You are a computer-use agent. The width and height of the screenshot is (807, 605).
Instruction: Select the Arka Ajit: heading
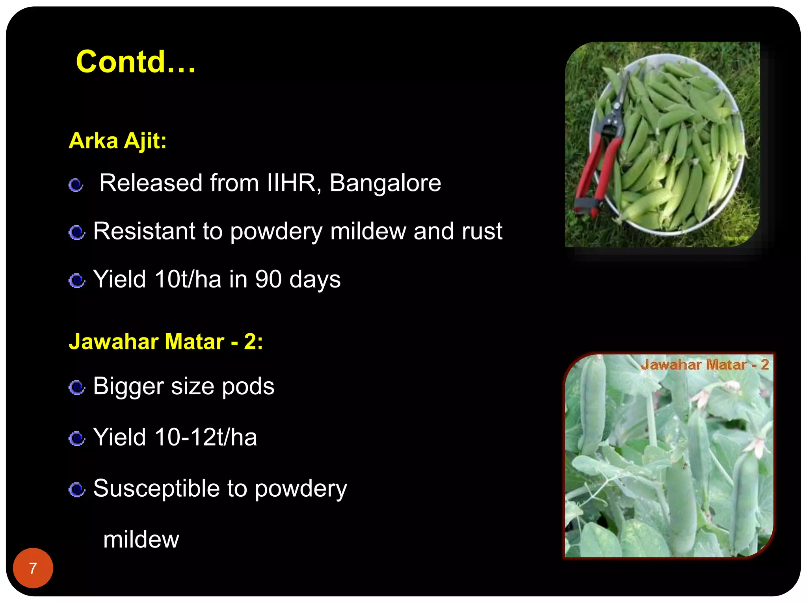point(117,141)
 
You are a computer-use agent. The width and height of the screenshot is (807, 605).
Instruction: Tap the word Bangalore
point(385,183)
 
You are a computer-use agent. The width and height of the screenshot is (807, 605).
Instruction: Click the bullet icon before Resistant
point(76,232)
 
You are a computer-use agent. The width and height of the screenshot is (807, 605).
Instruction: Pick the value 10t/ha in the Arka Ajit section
point(188,279)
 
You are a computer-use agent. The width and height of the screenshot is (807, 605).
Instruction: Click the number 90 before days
point(268,279)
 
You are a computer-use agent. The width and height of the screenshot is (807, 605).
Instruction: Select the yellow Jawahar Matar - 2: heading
point(165,341)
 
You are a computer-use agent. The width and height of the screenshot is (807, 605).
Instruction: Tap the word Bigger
point(128,386)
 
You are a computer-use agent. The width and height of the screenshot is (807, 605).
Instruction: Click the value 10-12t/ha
point(205,437)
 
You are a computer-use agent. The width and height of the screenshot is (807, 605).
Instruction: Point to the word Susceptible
point(156,489)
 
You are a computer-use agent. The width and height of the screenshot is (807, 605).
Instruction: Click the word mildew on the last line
point(141,540)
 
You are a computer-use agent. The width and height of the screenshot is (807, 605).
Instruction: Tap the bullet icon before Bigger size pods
point(76,387)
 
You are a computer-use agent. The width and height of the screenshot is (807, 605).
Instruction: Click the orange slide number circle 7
point(33,568)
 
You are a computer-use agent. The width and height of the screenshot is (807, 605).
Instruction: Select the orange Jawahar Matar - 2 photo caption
point(705,365)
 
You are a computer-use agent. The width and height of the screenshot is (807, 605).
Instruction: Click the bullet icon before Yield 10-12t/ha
point(76,438)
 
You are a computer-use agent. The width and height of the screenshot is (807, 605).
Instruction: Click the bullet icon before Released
point(76,185)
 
